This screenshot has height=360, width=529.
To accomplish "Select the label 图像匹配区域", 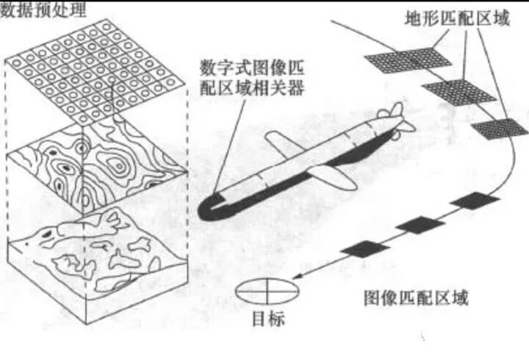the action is coord(416,298).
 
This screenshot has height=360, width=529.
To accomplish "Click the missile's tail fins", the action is coord(392,118).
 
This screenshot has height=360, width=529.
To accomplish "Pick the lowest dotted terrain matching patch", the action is coord(500,128).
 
